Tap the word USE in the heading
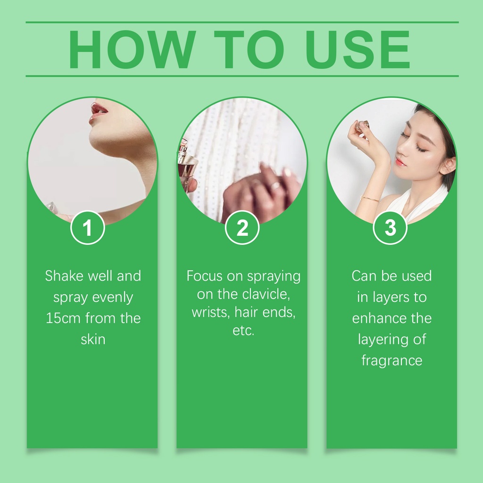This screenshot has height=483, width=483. (358, 49)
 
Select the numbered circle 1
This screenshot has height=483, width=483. (88, 228)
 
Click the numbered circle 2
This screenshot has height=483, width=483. (242, 228)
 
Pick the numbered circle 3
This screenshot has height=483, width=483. (390, 228)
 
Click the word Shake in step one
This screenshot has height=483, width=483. (64, 275)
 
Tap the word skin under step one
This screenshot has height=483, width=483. (93, 339)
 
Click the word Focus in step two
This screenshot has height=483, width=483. (205, 275)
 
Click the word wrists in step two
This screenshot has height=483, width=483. (211, 312)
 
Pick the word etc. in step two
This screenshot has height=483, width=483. (243, 331)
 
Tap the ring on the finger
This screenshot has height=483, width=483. (275, 186)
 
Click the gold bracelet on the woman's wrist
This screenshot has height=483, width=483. (370, 199)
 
